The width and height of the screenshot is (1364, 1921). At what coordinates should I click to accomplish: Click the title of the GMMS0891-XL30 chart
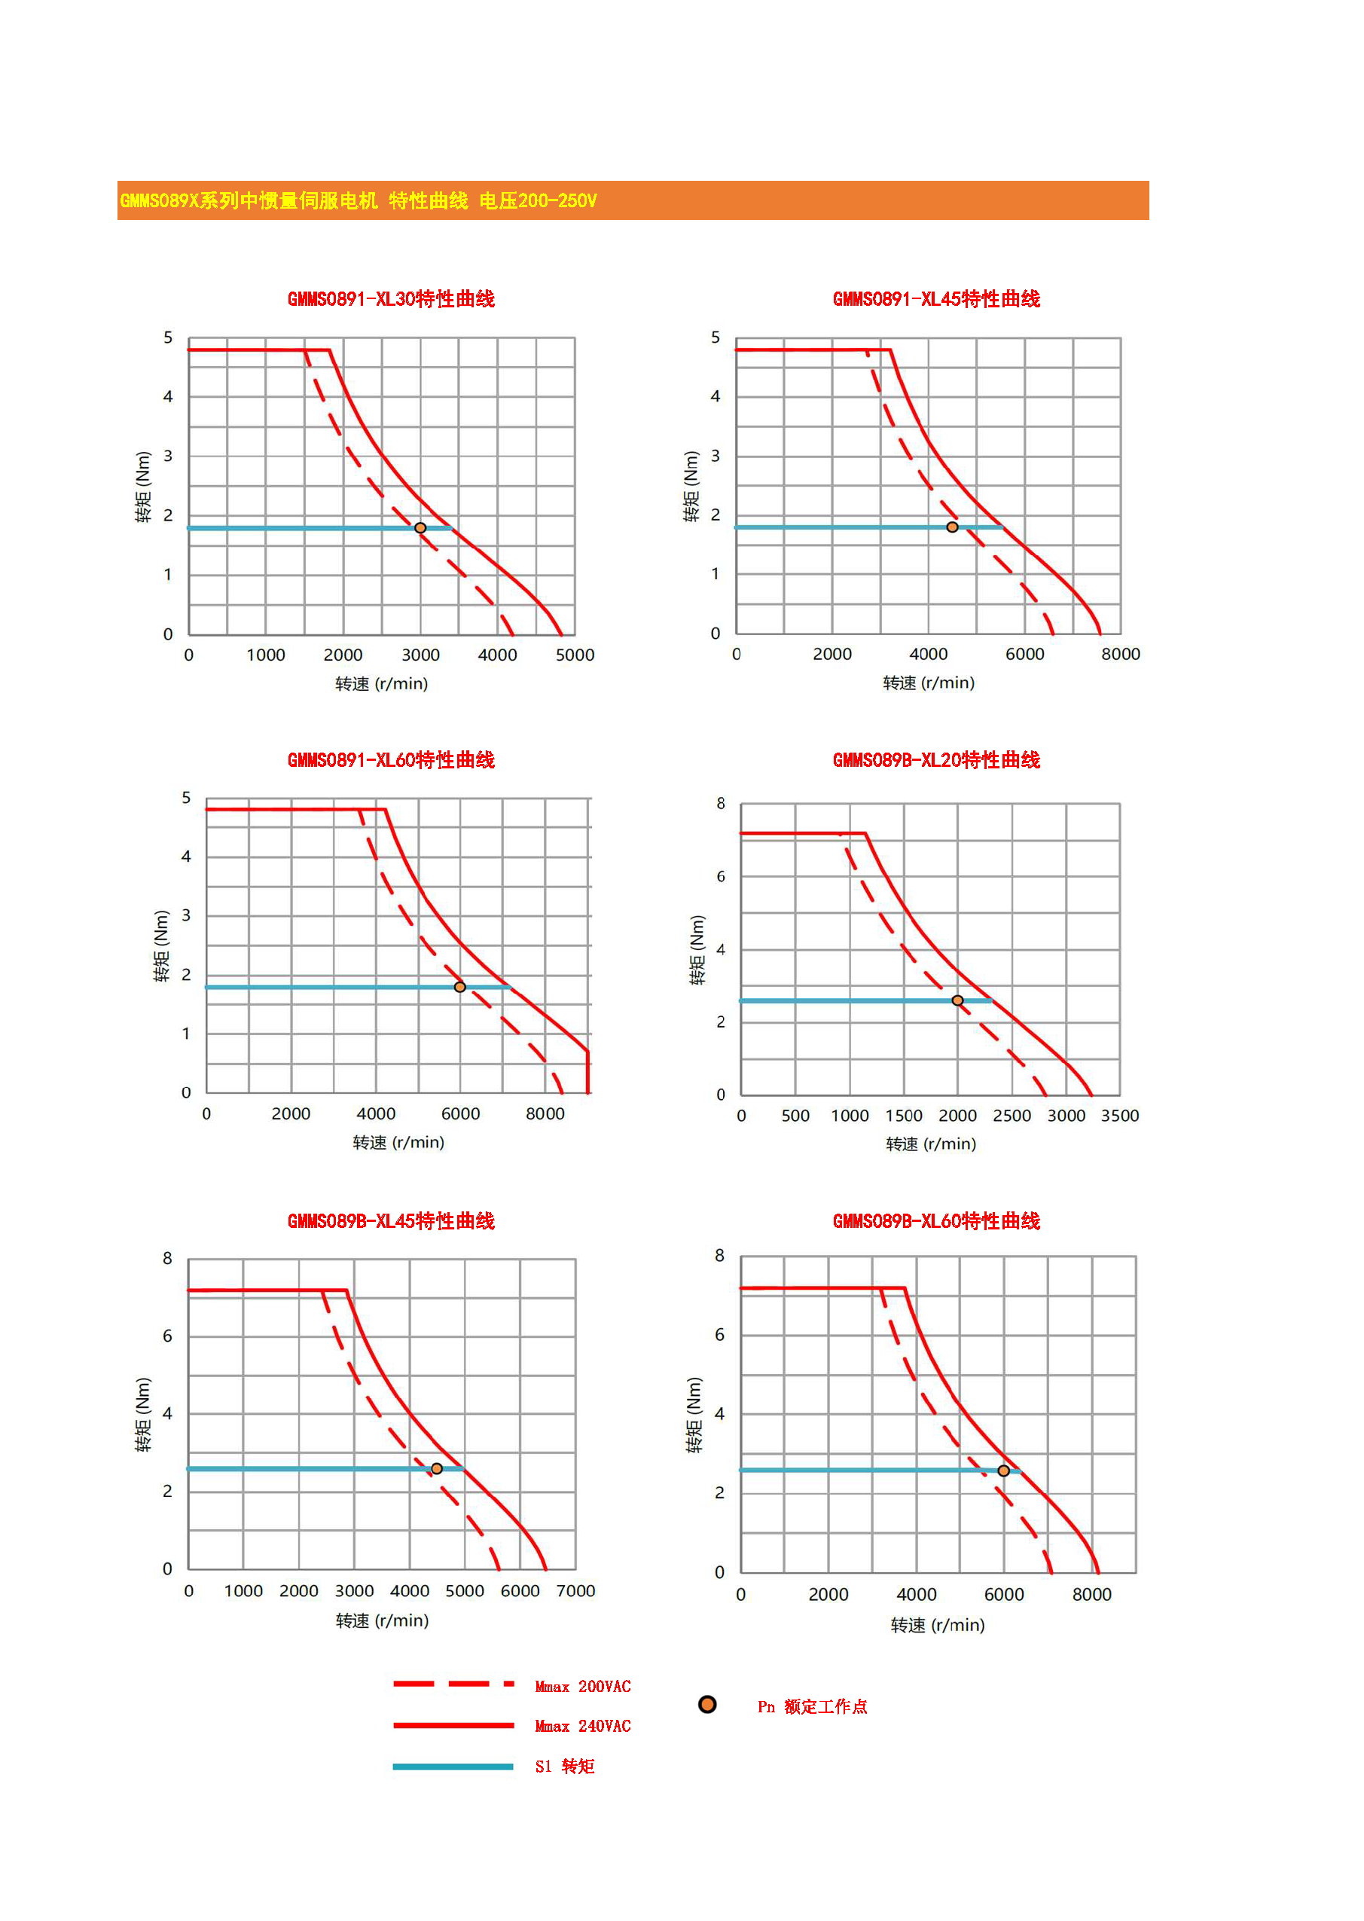(x=391, y=299)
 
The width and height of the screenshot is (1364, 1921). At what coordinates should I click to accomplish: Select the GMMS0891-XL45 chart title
(x=935, y=299)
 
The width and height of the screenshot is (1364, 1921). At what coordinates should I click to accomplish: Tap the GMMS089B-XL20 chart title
(x=935, y=760)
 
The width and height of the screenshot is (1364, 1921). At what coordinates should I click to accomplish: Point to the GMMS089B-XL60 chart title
(x=935, y=1221)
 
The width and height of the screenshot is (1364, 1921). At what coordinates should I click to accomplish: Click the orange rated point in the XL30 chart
(x=420, y=527)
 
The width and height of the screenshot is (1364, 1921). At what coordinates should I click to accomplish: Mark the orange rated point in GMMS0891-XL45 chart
(x=951, y=527)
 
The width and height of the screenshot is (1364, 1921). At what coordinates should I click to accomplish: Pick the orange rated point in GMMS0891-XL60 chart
(x=459, y=987)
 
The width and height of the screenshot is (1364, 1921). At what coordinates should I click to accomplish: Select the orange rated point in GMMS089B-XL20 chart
(x=957, y=1000)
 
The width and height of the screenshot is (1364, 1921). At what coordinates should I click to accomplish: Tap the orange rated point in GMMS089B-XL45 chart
(x=437, y=1468)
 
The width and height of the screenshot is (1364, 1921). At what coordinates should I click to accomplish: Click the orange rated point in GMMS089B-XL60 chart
(x=1004, y=1471)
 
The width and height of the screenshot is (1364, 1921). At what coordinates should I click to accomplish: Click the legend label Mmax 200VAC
(x=583, y=1687)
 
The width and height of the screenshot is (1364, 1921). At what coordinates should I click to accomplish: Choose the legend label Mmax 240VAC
(x=583, y=1726)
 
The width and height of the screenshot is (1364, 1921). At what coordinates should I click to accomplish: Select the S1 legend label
(x=564, y=1767)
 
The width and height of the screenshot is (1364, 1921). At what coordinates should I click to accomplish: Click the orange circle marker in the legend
(x=707, y=1704)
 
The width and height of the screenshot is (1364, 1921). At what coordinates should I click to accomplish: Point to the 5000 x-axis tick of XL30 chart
(x=575, y=655)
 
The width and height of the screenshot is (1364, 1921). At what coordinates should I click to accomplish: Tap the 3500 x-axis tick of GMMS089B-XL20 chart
(x=1119, y=1116)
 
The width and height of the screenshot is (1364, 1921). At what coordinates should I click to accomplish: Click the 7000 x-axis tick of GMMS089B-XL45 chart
(x=575, y=1591)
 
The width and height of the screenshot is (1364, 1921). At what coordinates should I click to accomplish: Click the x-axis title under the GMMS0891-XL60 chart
(x=398, y=1142)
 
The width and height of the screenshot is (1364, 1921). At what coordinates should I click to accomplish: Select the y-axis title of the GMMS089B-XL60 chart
(x=694, y=1415)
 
